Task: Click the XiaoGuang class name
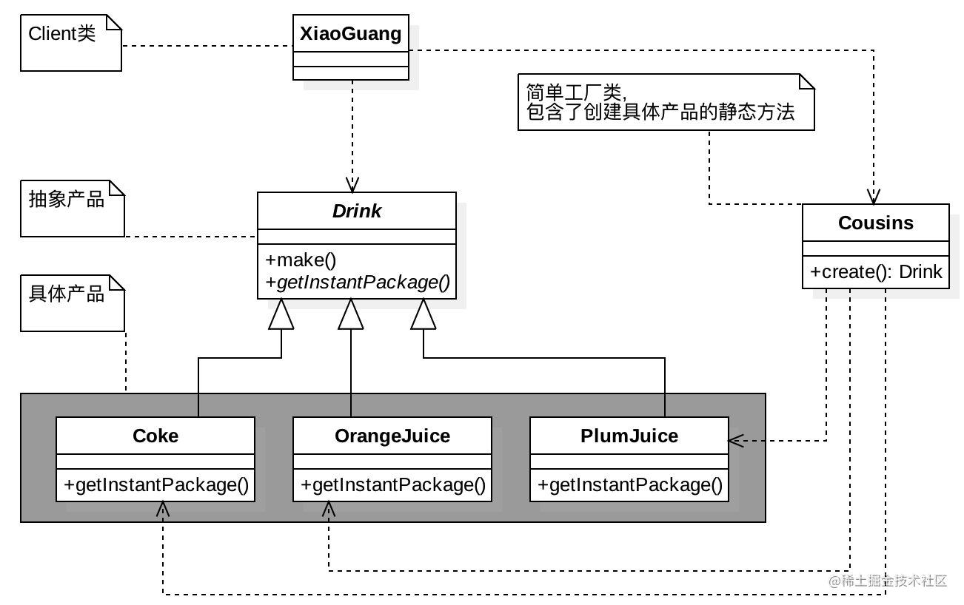[351, 33]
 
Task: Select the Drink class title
[357, 211]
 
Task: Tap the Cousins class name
[876, 223]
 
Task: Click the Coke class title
[155, 436]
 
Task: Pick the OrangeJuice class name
[392, 436]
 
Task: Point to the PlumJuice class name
[629, 436]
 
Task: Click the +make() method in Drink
[301, 260]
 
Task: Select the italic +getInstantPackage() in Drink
[358, 283]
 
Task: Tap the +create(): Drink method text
[876, 271]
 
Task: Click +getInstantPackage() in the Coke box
[155, 485]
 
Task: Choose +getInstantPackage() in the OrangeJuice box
[393, 485]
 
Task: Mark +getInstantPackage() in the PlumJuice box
[629, 485]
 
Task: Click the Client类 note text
[61, 33]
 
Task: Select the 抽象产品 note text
[67, 199]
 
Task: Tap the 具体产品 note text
[67, 294]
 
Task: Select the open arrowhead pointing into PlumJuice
[736, 441]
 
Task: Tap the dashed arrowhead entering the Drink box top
[352, 185]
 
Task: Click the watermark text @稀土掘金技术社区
[888, 581]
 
